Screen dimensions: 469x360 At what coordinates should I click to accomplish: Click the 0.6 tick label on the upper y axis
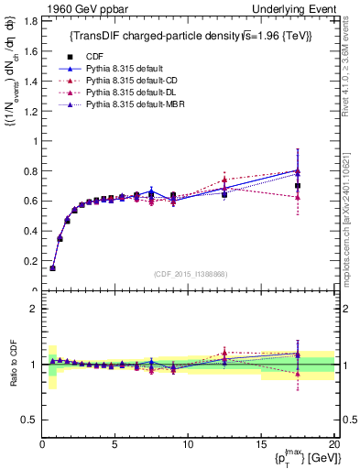(31, 201)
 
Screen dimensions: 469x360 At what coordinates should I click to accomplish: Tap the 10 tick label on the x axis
(187, 445)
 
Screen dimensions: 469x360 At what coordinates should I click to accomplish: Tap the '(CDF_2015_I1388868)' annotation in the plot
(190, 275)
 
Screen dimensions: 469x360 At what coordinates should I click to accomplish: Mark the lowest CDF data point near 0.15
(52, 268)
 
